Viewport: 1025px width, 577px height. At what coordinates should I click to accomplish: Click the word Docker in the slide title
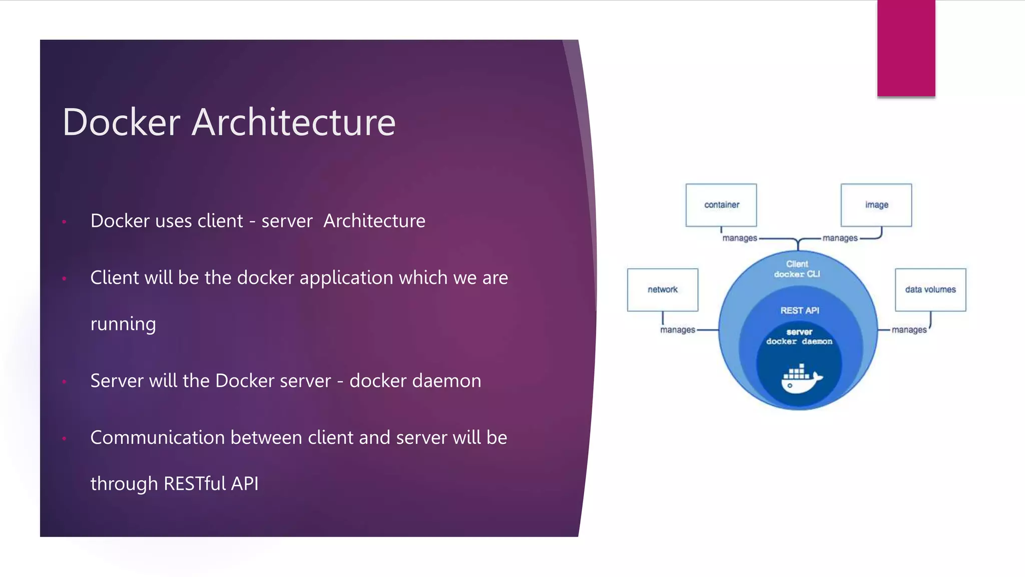[121, 122]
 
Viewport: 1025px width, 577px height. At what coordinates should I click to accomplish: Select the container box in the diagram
[721, 205]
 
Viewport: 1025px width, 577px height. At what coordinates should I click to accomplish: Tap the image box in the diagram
[876, 205]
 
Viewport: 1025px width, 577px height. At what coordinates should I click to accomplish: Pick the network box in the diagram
[662, 290]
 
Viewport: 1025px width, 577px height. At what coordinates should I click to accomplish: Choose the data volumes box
[930, 290]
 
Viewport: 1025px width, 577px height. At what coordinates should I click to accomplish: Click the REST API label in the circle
[799, 311]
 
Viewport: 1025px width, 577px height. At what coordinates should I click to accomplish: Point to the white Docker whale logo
[801, 379]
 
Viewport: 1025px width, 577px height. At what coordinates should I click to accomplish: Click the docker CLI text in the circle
[797, 274]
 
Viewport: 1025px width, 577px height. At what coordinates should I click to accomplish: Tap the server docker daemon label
[799, 337]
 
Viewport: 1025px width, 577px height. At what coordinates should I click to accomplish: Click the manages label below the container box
[739, 238]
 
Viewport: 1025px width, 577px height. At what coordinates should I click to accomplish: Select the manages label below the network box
[677, 330]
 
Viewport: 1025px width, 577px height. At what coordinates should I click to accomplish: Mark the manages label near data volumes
[909, 330]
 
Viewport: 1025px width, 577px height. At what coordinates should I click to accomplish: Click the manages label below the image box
[840, 238]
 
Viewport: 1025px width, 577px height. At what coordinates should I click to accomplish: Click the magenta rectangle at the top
[906, 48]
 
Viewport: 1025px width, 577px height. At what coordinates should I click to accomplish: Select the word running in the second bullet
[123, 324]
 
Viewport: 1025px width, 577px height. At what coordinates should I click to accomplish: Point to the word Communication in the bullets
[158, 438]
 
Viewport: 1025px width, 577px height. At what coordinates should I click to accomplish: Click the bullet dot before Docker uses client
[64, 221]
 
